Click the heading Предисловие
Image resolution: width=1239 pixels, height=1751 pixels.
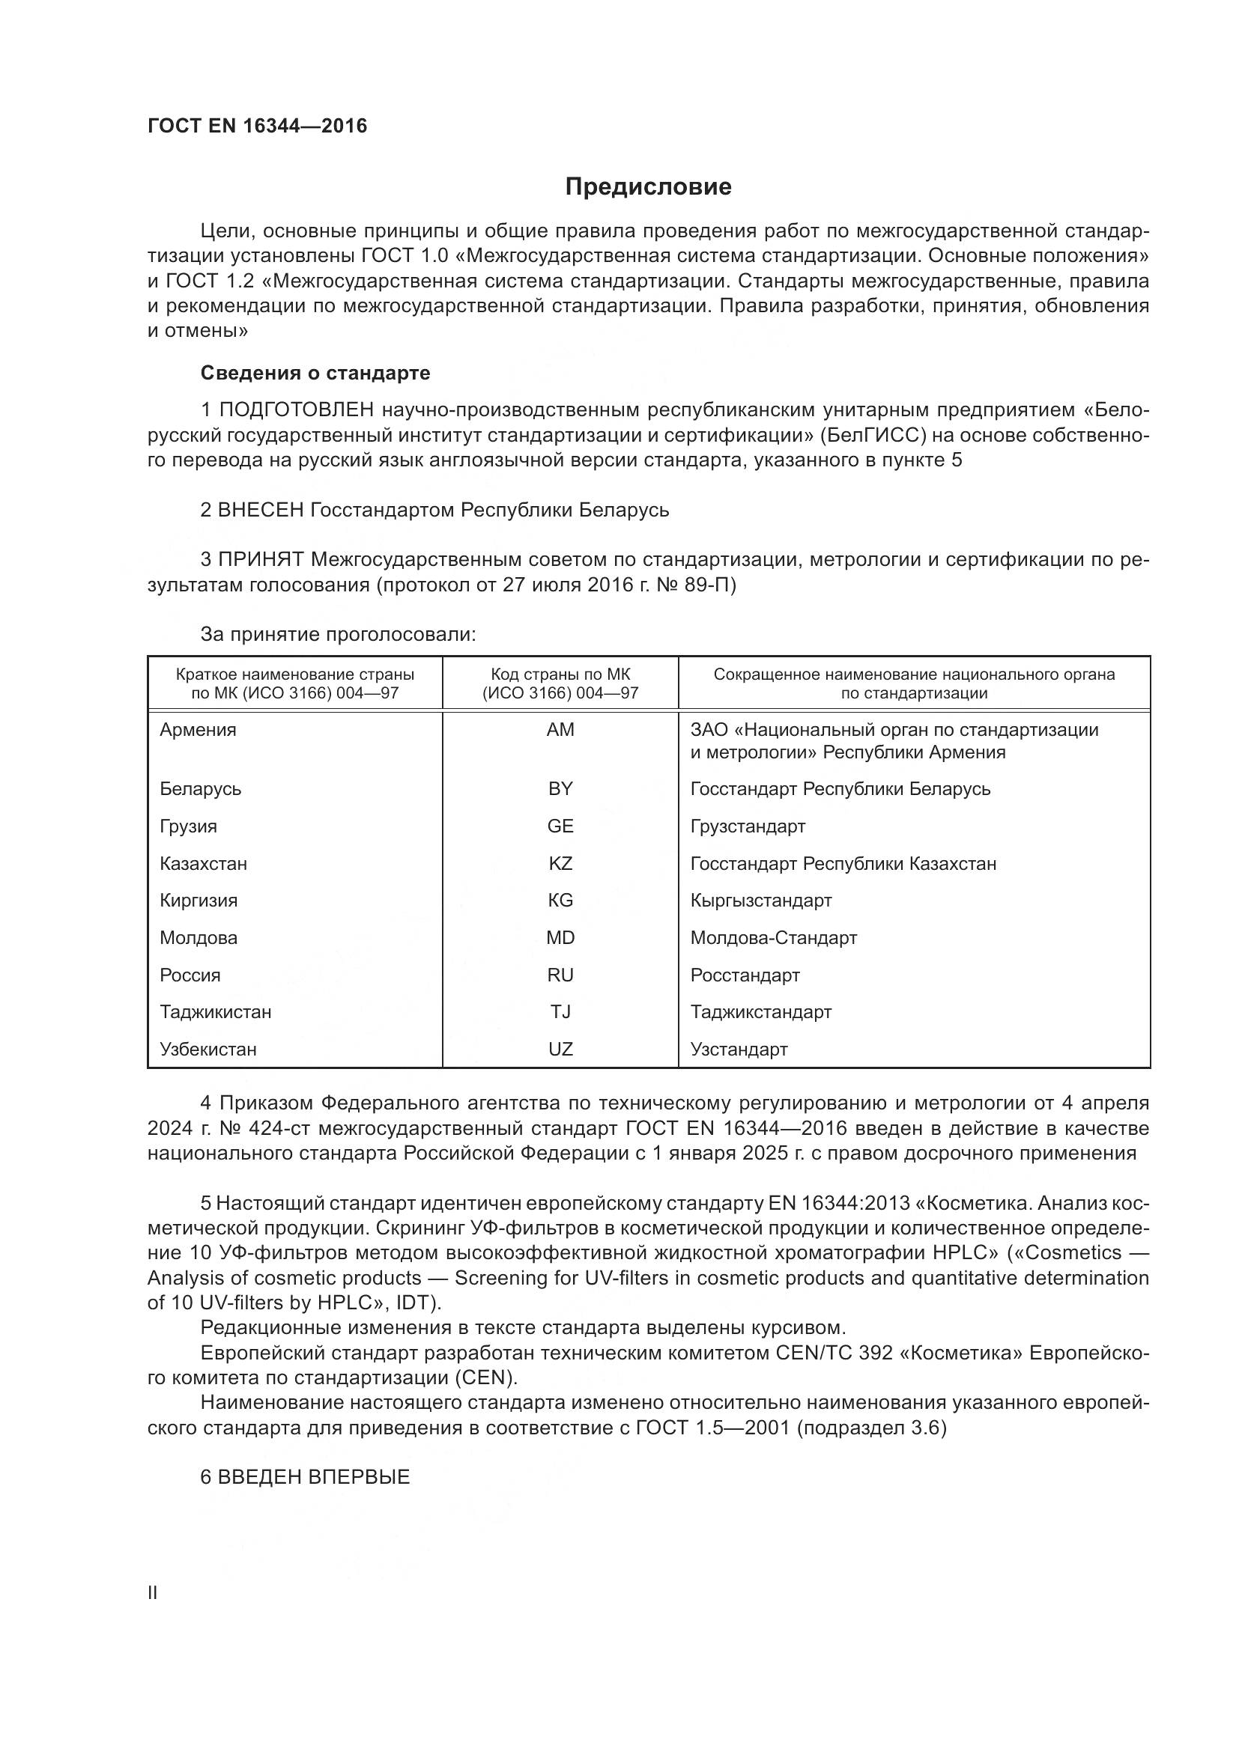point(648,187)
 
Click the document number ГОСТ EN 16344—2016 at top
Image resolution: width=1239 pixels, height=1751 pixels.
point(257,126)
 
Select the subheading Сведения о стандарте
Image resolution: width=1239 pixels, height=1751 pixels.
point(315,373)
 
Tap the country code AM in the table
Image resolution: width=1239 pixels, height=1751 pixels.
point(560,730)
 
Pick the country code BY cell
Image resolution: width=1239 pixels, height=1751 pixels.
point(560,788)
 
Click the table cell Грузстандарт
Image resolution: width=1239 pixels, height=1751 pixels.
point(748,826)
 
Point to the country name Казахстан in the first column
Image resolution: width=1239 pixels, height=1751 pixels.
point(203,863)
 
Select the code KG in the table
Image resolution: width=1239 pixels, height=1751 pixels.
point(560,900)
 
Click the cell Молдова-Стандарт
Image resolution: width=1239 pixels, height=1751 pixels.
point(774,937)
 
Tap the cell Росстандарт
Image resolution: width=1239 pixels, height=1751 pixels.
point(745,975)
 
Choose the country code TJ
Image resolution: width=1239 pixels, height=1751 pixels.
point(560,1011)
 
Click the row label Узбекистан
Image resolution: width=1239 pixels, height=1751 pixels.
point(207,1049)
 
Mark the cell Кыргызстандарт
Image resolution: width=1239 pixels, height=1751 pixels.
point(760,900)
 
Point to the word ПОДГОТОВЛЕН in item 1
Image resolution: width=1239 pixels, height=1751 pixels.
point(297,410)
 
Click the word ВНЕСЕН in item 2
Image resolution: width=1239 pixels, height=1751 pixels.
point(261,510)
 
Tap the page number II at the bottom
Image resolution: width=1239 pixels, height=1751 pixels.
point(153,1592)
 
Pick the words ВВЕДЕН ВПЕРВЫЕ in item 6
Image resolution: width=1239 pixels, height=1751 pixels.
point(314,1476)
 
